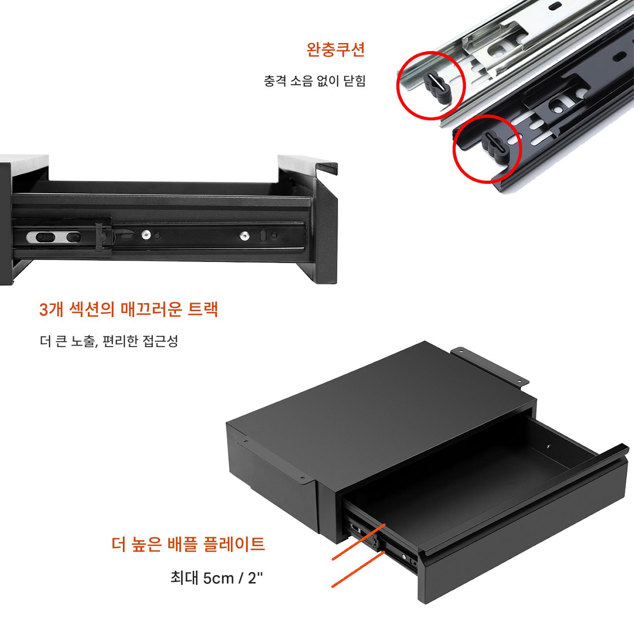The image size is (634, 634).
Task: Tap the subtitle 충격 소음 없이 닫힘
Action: pos(314,81)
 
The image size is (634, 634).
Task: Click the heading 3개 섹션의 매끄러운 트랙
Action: pos(128,309)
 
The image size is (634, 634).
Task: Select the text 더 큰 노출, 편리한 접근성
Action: pos(109,341)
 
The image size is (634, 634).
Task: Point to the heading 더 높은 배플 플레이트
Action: pos(188,544)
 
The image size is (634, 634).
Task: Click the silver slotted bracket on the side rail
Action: pos(54,237)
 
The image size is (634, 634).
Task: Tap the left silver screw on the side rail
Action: pos(146,235)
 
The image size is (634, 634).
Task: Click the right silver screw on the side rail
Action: pos(244,235)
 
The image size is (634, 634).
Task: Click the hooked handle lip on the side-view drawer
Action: pos(328,168)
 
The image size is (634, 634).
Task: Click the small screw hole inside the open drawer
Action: pos(548,447)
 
